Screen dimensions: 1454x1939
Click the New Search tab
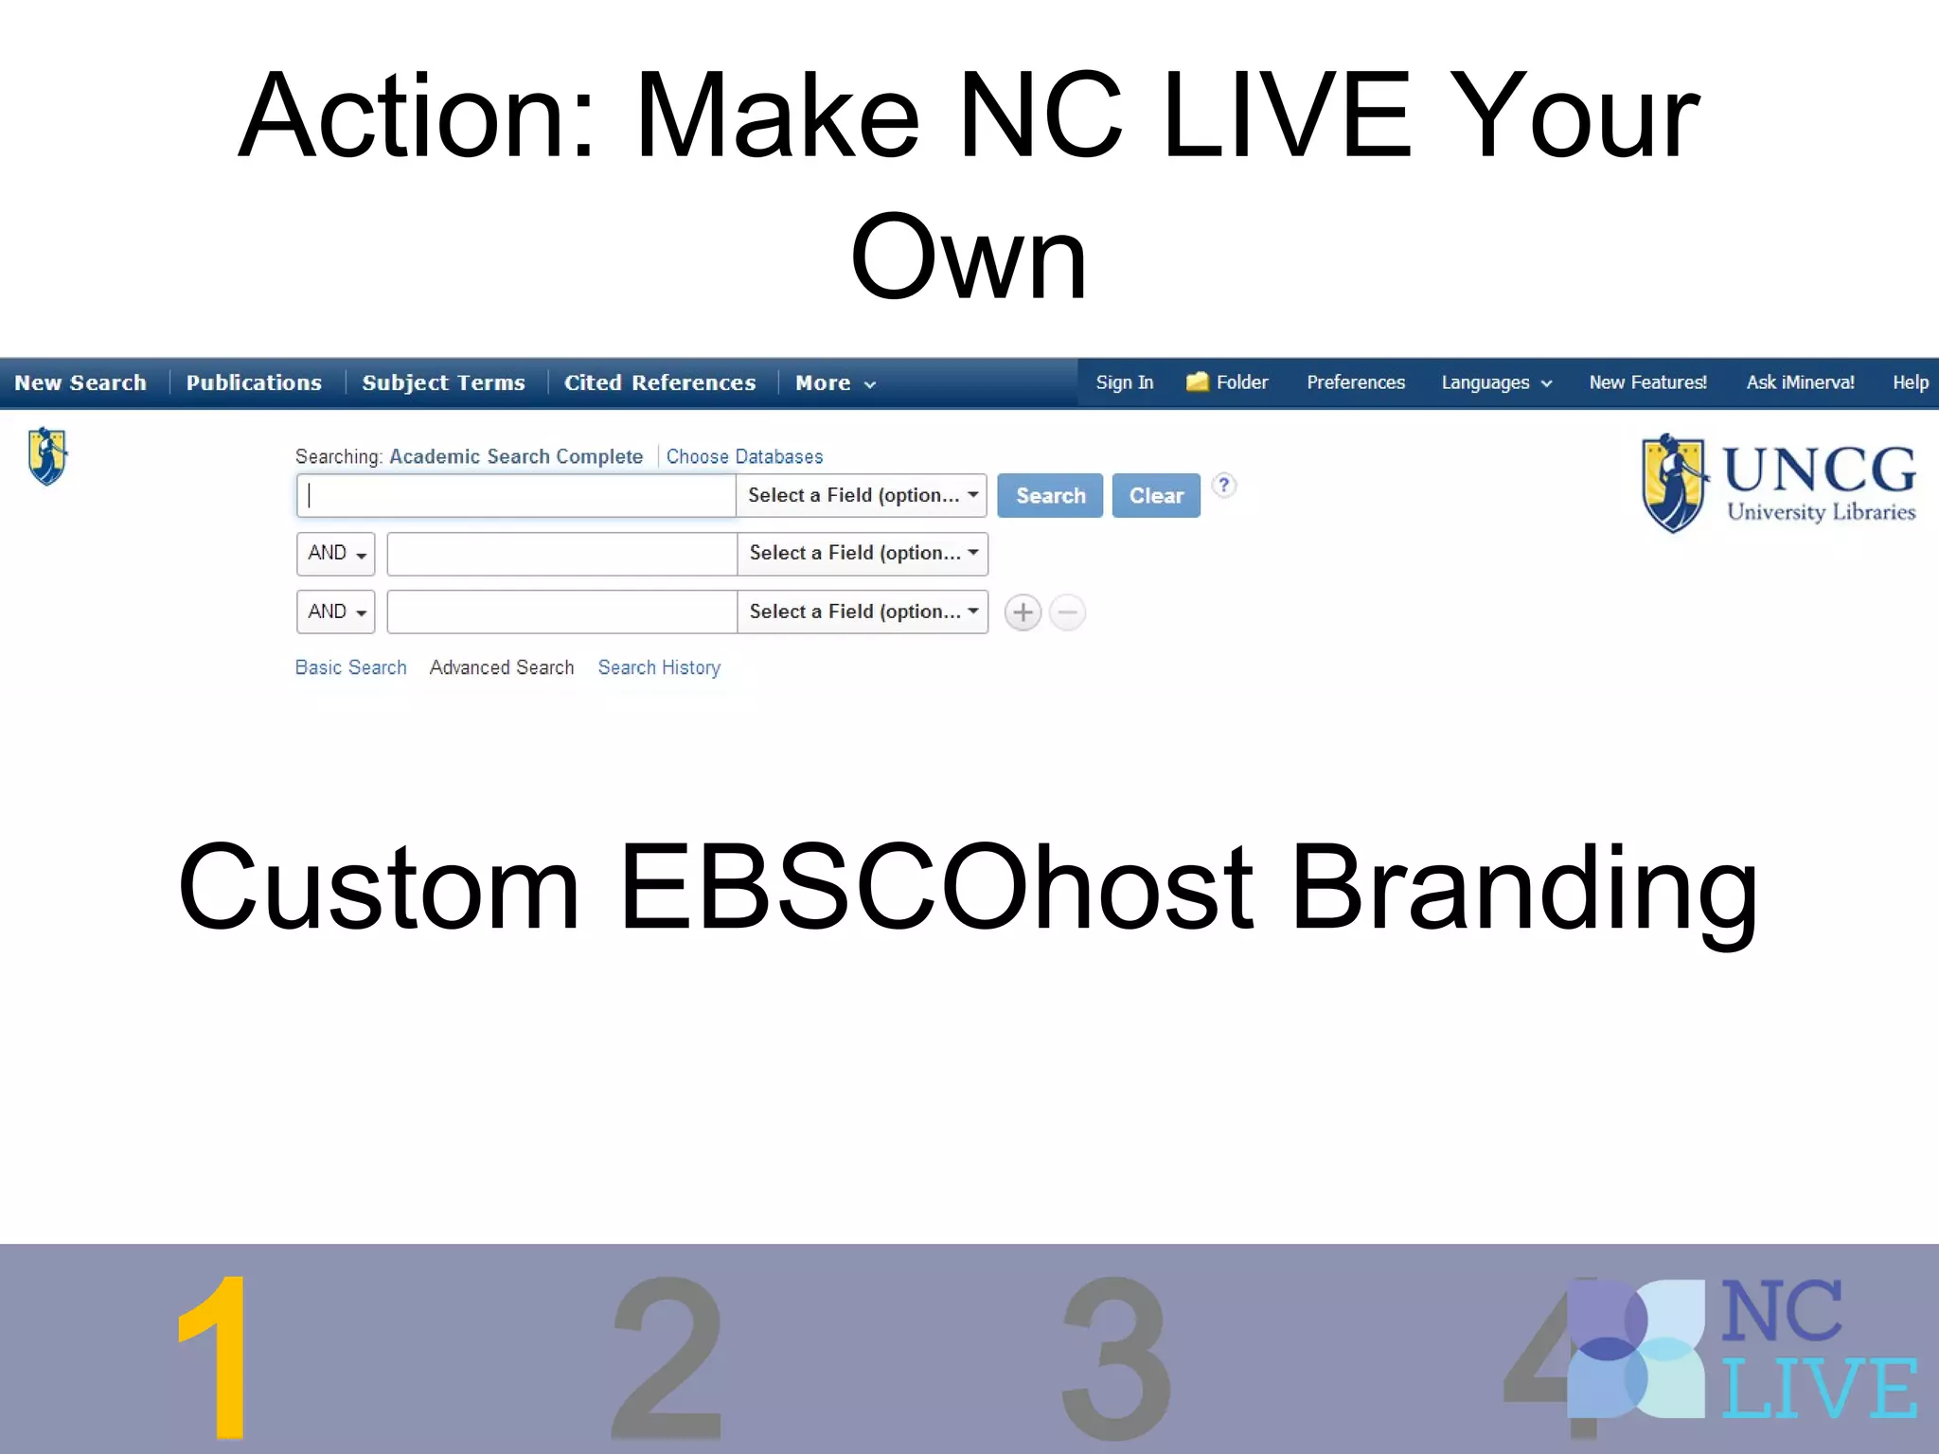tap(80, 382)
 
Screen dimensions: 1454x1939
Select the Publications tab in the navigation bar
tap(254, 382)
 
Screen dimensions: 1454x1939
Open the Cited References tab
tap(660, 382)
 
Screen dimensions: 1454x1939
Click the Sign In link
tap(1124, 382)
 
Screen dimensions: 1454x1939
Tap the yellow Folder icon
tap(1197, 381)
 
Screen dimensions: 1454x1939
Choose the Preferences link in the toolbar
tap(1355, 382)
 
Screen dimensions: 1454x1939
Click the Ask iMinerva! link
tap(1800, 382)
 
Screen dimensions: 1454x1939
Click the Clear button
tap(1155, 495)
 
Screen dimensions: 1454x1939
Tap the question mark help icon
tap(1223, 486)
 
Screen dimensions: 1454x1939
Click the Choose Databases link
tap(744, 456)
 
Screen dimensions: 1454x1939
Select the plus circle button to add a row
tap(1023, 612)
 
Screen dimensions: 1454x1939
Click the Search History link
tap(659, 667)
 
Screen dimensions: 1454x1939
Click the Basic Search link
tap(350, 667)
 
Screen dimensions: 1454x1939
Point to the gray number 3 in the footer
tap(1115, 1358)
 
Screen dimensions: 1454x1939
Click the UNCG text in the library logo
tap(1818, 470)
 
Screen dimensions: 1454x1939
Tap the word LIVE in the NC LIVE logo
tap(1818, 1388)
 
